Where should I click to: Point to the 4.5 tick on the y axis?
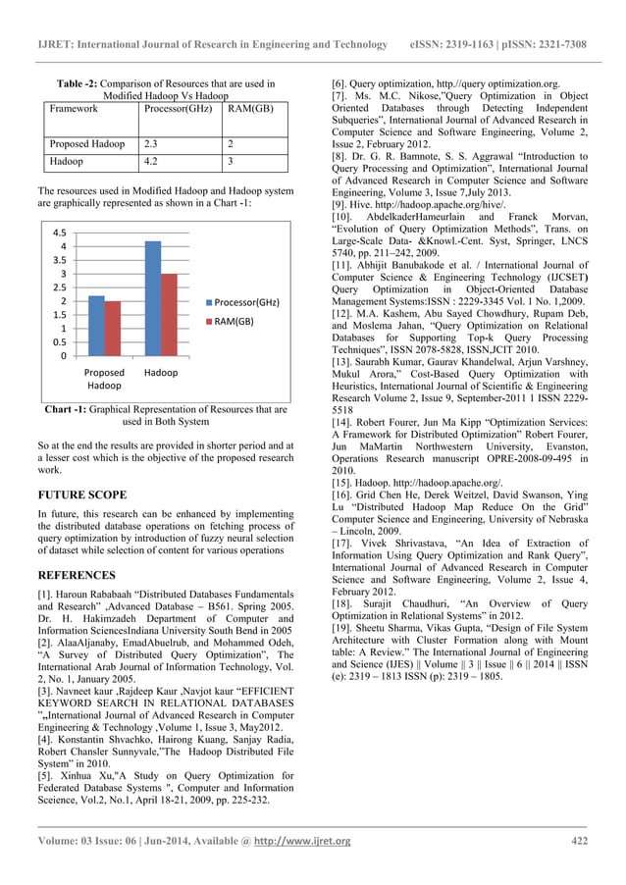[60, 234]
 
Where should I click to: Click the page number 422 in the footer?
[579, 841]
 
